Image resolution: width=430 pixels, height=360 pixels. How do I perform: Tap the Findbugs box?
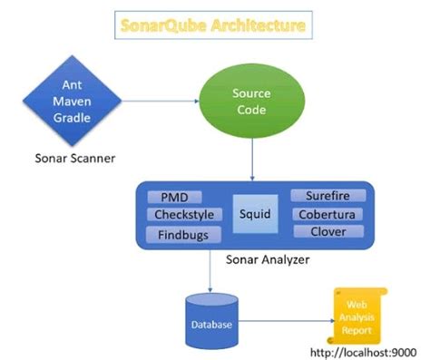click(x=182, y=234)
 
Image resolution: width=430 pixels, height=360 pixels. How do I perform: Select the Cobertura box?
click(x=327, y=214)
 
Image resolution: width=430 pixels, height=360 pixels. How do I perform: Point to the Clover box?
click(x=327, y=231)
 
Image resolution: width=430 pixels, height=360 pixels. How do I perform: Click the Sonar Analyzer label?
click(x=266, y=259)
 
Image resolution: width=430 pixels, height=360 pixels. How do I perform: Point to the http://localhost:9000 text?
click(x=364, y=350)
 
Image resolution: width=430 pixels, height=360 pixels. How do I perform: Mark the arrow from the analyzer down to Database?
click(x=210, y=271)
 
